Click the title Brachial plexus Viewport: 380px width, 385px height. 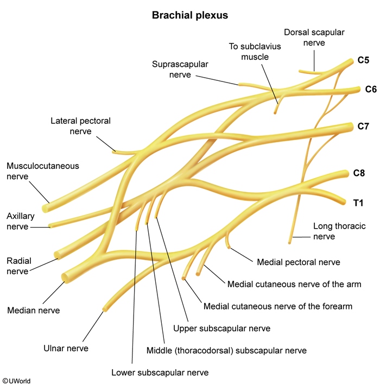point(189,15)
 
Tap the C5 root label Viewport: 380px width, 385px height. point(363,61)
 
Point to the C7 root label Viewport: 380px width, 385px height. point(363,127)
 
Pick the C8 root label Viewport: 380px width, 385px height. point(359,174)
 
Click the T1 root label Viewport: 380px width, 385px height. point(358,203)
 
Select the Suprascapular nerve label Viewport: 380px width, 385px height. point(179,70)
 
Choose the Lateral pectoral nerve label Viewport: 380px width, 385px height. point(80,126)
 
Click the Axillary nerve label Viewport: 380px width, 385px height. point(21,220)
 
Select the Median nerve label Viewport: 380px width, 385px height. point(33,311)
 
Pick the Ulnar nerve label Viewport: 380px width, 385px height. point(66,348)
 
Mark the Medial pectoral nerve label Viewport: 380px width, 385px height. point(298,262)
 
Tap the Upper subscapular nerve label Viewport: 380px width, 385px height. point(221,329)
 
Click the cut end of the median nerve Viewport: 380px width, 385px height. point(65,277)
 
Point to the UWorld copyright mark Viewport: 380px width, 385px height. point(16,381)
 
